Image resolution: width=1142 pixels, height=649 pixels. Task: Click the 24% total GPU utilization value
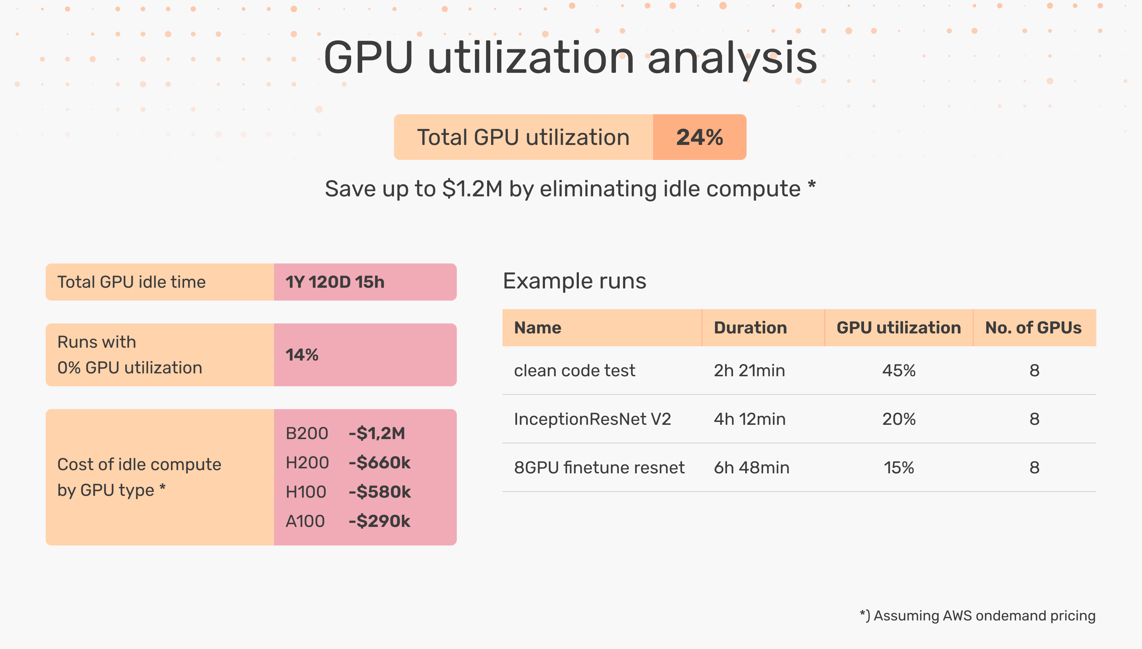click(699, 137)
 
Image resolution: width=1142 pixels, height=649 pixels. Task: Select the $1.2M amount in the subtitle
click(472, 189)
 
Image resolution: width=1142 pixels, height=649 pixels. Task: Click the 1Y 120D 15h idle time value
click(335, 282)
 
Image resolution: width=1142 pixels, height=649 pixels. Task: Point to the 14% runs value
click(302, 355)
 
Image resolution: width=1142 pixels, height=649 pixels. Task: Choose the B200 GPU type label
click(307, 433)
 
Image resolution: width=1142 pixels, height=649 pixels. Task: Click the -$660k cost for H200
click(379, 463)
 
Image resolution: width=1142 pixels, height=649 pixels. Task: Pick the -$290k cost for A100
click(379, 521)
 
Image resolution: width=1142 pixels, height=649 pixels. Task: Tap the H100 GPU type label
click(305, 492)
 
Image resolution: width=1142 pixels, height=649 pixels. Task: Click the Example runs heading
click(574, 281)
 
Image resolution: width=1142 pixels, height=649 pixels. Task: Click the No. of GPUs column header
click(1033, 328)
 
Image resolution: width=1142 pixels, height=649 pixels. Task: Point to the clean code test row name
click(574, 371)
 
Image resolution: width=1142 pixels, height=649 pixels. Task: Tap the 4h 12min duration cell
click(749, 419)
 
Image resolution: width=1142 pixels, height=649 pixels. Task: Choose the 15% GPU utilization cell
click(898, 468)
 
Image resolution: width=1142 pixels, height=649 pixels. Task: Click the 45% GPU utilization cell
click(898, 371)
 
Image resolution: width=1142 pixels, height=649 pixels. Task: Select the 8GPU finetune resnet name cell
click(599, 468)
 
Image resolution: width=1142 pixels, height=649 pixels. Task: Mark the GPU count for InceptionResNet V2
click(1034, 419)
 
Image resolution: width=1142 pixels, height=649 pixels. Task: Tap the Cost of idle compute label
click(139, 464)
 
